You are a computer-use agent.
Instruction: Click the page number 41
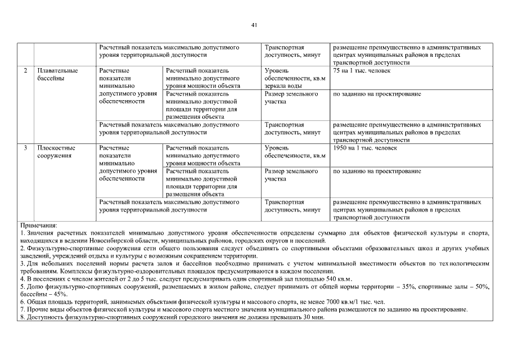(254, 25)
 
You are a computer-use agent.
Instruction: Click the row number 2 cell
(25, 71)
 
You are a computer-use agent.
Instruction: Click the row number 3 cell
(25, 148)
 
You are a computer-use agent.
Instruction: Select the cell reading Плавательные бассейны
(57, 74)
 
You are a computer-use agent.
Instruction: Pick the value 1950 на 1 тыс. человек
(365, 148)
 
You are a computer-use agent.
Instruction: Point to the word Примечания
(38, 225)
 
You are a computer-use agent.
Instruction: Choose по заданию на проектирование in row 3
(377, 171)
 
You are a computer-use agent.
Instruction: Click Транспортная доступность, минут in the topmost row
(292, 51)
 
